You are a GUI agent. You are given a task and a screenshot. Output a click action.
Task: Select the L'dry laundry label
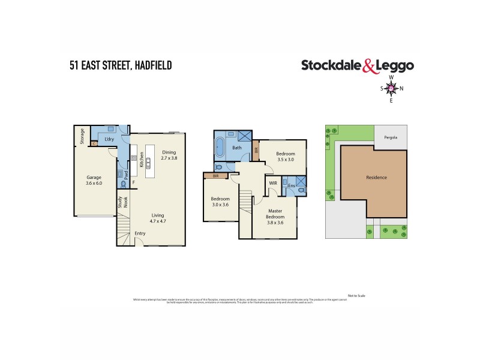(109, 139)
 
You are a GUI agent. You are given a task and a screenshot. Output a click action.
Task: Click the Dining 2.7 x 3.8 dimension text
(169, 155)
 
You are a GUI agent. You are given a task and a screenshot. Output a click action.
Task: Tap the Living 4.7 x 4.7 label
(158, 218)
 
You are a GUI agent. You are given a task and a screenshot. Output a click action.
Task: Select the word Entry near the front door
(140, 233)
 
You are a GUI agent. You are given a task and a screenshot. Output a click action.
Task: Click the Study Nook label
(123, 207)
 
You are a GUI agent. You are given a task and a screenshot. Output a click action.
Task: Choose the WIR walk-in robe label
(272, 182)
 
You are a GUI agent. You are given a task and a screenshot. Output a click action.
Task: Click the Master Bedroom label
(275, 216)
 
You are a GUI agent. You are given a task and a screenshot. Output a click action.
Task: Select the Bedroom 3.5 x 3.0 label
(285, 157)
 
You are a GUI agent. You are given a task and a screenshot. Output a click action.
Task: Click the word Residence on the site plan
(376, 177)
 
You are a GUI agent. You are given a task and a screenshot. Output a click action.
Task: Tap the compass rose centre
(391, 89)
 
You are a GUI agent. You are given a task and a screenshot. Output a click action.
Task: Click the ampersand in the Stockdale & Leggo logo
(370, 67)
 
